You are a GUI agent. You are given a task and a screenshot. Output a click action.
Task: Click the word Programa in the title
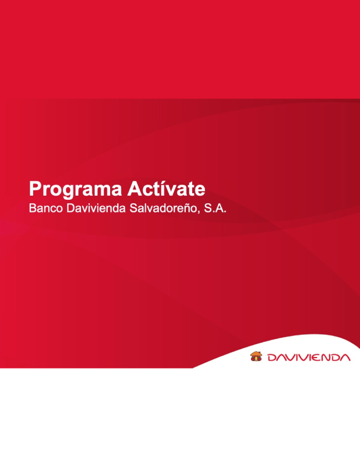point(75,189)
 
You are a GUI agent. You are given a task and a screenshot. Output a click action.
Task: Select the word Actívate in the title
point(166,188)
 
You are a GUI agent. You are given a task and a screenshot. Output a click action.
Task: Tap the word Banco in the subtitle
point(46,208)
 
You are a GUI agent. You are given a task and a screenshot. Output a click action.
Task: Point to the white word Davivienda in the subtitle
point(96,208)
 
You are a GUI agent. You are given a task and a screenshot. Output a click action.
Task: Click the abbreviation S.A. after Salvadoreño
point(215,208)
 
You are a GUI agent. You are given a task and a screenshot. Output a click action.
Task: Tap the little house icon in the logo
point(256,356)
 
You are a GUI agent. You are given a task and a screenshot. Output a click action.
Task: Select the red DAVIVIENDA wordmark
point(309,358)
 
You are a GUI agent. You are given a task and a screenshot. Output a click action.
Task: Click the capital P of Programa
point(34,189)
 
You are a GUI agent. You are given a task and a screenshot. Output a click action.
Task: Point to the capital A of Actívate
point(135,189)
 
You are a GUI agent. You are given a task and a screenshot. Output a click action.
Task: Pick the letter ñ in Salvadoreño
point(185,208)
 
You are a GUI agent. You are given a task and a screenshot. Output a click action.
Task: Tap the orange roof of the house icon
point(256,354)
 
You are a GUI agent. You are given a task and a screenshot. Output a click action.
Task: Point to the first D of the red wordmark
point(272,358)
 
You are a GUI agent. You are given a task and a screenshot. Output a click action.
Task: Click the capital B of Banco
point(32,208)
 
